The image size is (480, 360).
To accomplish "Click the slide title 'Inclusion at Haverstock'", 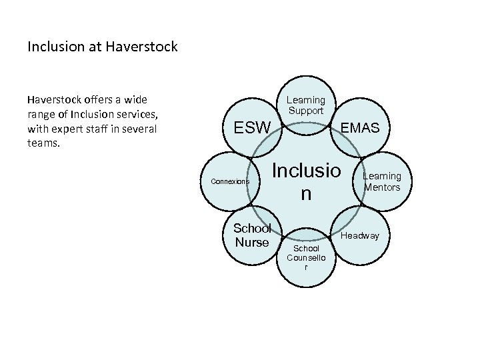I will coord(102,47).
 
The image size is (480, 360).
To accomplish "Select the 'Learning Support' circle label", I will coord(305,105).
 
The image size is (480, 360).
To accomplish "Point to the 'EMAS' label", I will coord(360,127).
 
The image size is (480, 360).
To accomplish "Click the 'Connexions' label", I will coord(229,181).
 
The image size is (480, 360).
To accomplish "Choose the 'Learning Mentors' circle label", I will coord(382,181).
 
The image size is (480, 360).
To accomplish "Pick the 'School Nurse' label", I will coord(252,235).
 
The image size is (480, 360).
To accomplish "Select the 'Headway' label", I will coord(360,236).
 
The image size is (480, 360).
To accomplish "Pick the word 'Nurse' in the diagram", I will coord(252,242).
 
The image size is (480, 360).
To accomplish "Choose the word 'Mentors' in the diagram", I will coord(382,187).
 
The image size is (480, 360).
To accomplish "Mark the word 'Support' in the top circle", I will coord(305,110).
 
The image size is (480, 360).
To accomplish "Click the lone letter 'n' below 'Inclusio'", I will coord(305,194).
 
